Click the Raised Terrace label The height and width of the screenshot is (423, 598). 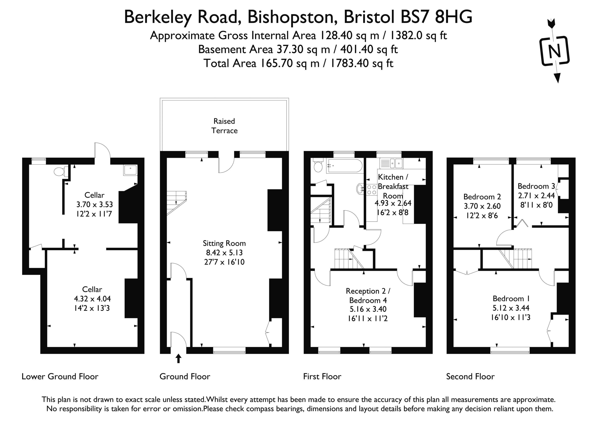tap(224, 126)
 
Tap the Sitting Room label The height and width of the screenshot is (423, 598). tap(224, 243)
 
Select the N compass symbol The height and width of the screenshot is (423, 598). tap(555, 51)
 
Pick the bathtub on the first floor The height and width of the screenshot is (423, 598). tap(344, 166)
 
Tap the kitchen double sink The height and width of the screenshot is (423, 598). tap(391, 163)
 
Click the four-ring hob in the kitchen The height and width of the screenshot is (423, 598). tap(372, 190)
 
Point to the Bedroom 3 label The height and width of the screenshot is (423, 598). tap(536, 186)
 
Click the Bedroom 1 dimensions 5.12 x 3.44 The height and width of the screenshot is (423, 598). tap(511, 308)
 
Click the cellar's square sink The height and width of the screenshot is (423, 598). tap(130, 170)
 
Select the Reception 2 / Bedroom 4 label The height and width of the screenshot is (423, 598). tap(368, 296)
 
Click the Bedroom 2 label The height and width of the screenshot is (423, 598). tap(482, 197)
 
